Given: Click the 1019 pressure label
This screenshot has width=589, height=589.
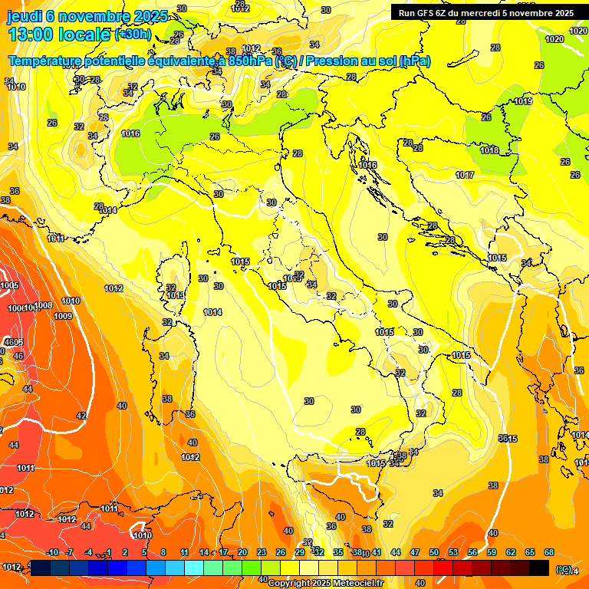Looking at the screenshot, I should pos(523,101).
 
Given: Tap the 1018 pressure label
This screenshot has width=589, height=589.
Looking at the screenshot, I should pos(489,150).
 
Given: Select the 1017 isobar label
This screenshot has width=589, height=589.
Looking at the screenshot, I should pos(464,176).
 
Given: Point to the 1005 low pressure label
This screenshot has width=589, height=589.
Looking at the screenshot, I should pos(9,285).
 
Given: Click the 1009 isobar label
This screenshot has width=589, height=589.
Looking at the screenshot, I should pos(63,316).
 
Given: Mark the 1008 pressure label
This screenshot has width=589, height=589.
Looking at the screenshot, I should pos(43,306).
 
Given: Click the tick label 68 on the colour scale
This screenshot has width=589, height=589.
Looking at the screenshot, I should pos(549,552).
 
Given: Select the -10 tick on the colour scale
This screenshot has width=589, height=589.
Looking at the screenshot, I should pos(52,552).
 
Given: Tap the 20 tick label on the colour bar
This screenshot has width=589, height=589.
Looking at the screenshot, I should pos(242,552).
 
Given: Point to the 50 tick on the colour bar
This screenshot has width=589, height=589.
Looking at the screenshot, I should pos(434,552).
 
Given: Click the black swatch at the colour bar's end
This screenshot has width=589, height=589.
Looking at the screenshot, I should pos(539,568).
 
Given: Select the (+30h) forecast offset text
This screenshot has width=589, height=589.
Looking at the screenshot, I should pos(133,35).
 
